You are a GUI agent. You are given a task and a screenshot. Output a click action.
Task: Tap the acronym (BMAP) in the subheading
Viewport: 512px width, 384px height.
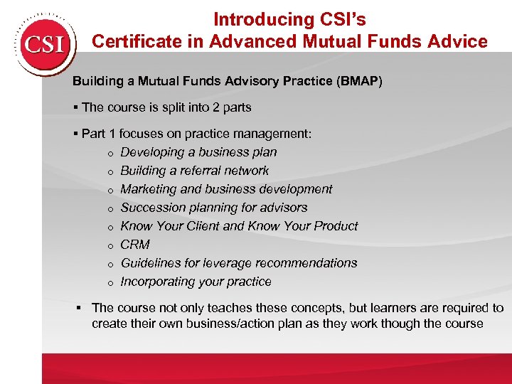click(x=359, y=81)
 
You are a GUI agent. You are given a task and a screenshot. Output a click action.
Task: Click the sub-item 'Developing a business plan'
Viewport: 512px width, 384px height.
click(x=198, y=152)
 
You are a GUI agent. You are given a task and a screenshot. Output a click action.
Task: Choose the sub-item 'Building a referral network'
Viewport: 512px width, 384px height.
click(x=194, y=171)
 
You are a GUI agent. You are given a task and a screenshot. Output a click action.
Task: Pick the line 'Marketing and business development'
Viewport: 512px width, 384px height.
click(x=226, y=189)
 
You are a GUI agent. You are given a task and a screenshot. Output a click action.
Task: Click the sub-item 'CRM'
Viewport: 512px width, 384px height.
click(x=135, y=245)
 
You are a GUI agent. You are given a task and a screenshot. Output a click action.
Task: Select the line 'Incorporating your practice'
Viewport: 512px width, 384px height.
click(x=196, y=282)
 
